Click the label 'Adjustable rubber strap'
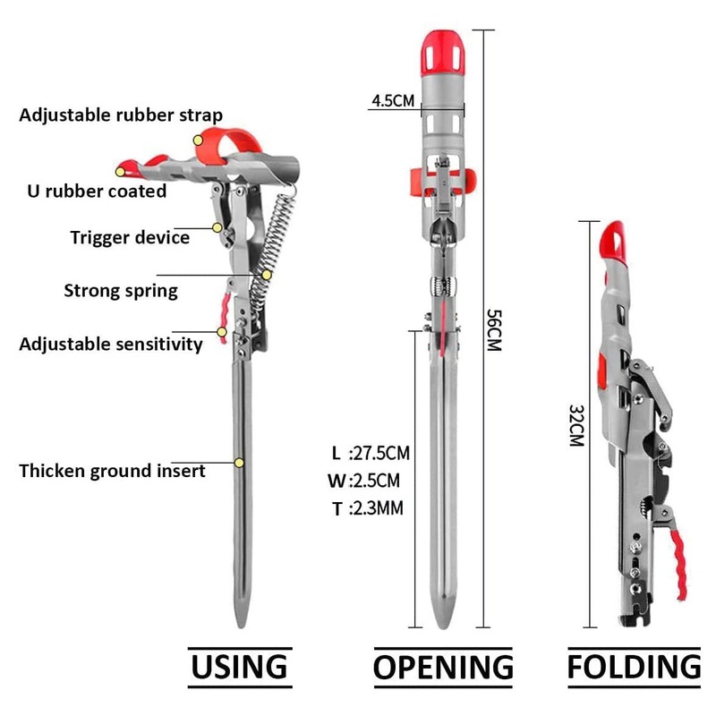[x=121, y=115]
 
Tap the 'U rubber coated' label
[x=97, y=191]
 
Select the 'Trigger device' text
[x=130, y=237]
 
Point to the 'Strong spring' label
[x=121, y=291]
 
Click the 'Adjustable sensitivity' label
[x=111, y=345]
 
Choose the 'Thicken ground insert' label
[x=113, y=471]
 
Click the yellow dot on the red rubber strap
[x=198, y=141]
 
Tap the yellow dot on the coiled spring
[x=267, y=275]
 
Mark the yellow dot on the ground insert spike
[x=239, y=463]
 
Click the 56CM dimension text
[x=494, y=330]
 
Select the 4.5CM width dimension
[x=393, y=100]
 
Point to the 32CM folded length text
[x=576, y=426]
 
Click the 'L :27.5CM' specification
[x=371, y=453]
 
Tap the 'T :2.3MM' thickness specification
[x=368, y=508]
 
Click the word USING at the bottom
[x=239, y=667]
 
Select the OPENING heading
[x=443, y=667]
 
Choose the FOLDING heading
[x=634, y=667]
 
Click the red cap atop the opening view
[x=443, y=54]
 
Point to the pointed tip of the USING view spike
[x=241, y=627]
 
